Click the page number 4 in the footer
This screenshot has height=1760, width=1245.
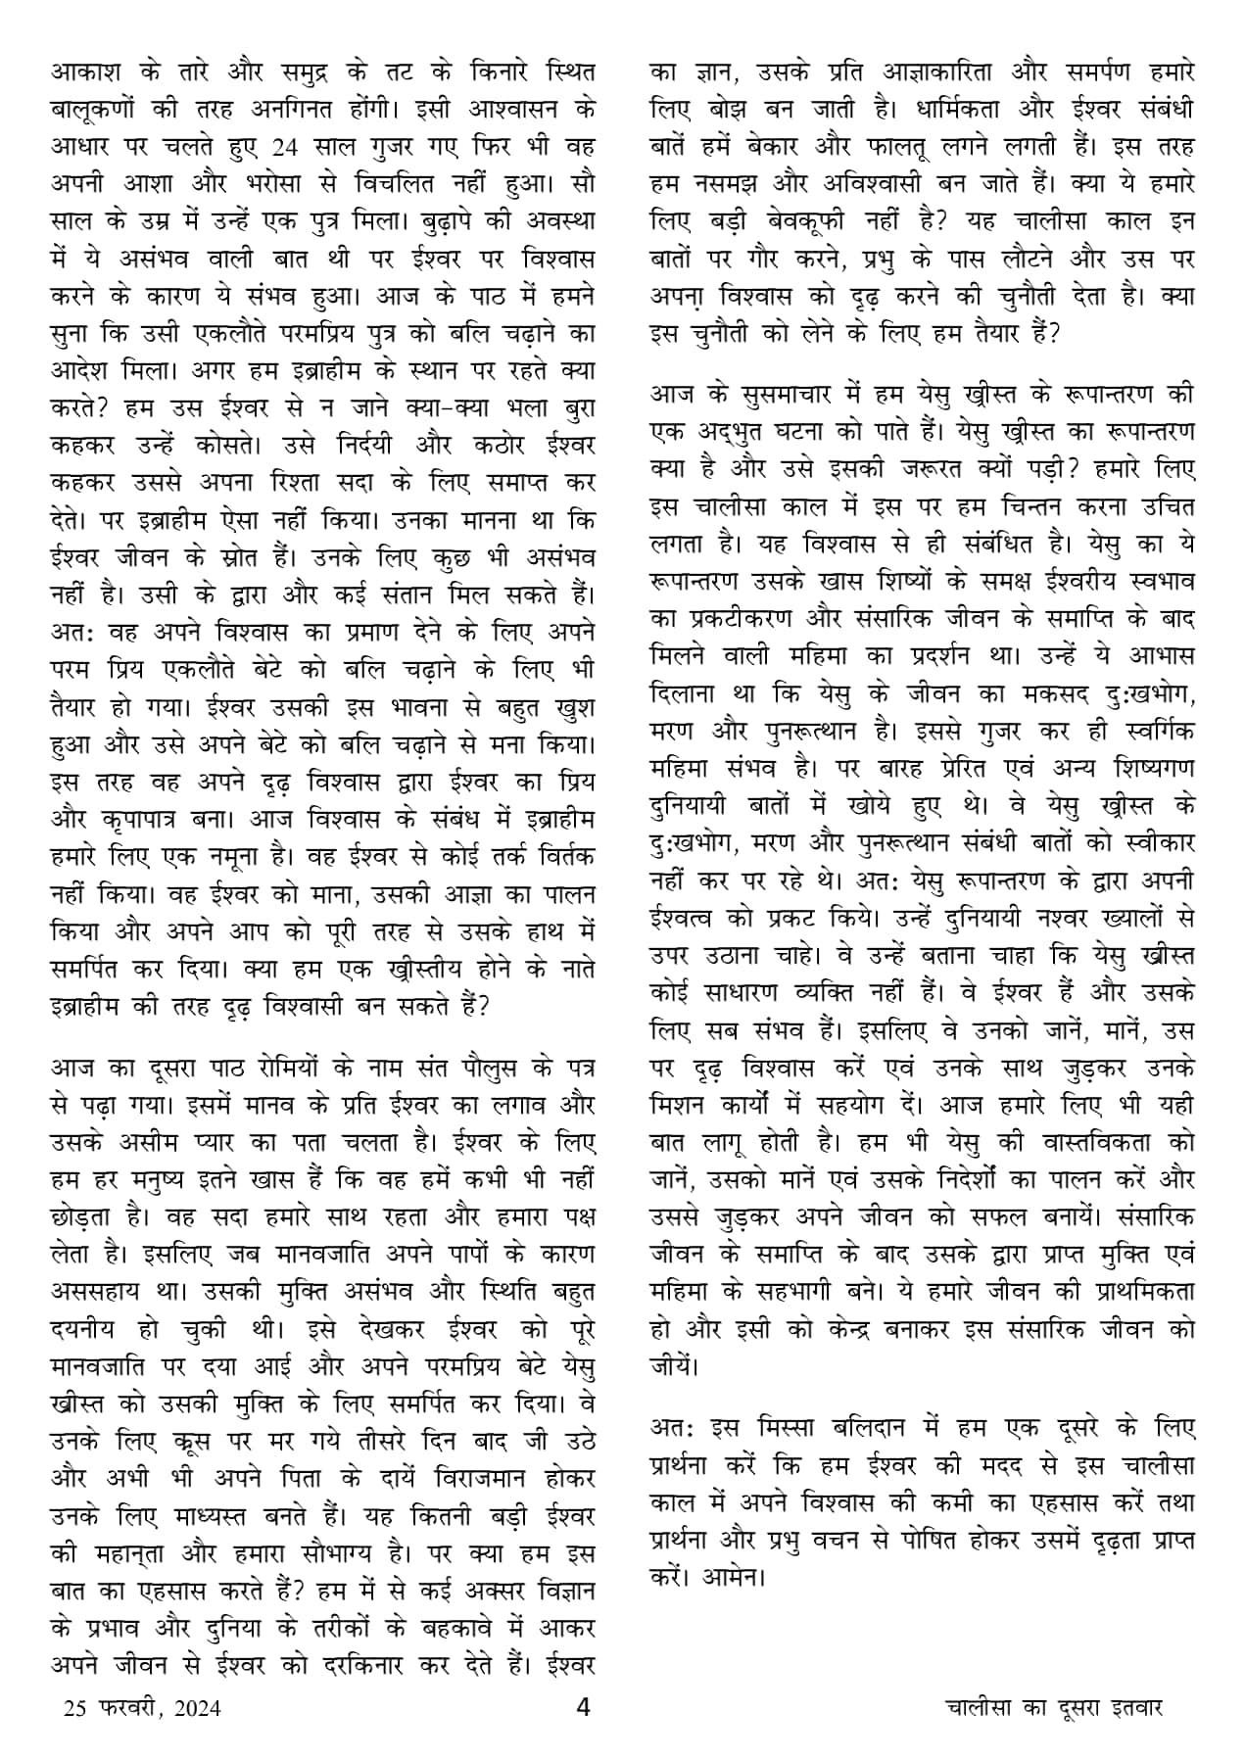584,1708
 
